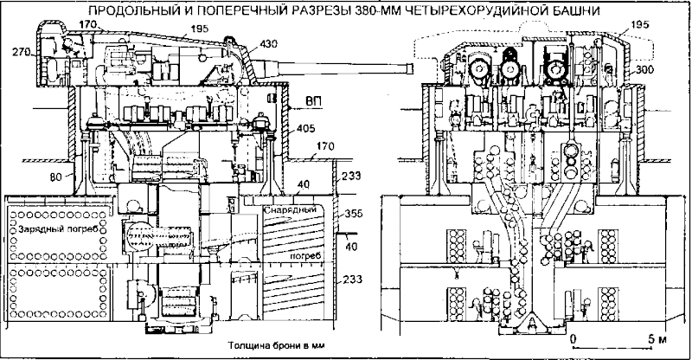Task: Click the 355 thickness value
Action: click(x=353, y=211)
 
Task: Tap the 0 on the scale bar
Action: click(x=573, y=333)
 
